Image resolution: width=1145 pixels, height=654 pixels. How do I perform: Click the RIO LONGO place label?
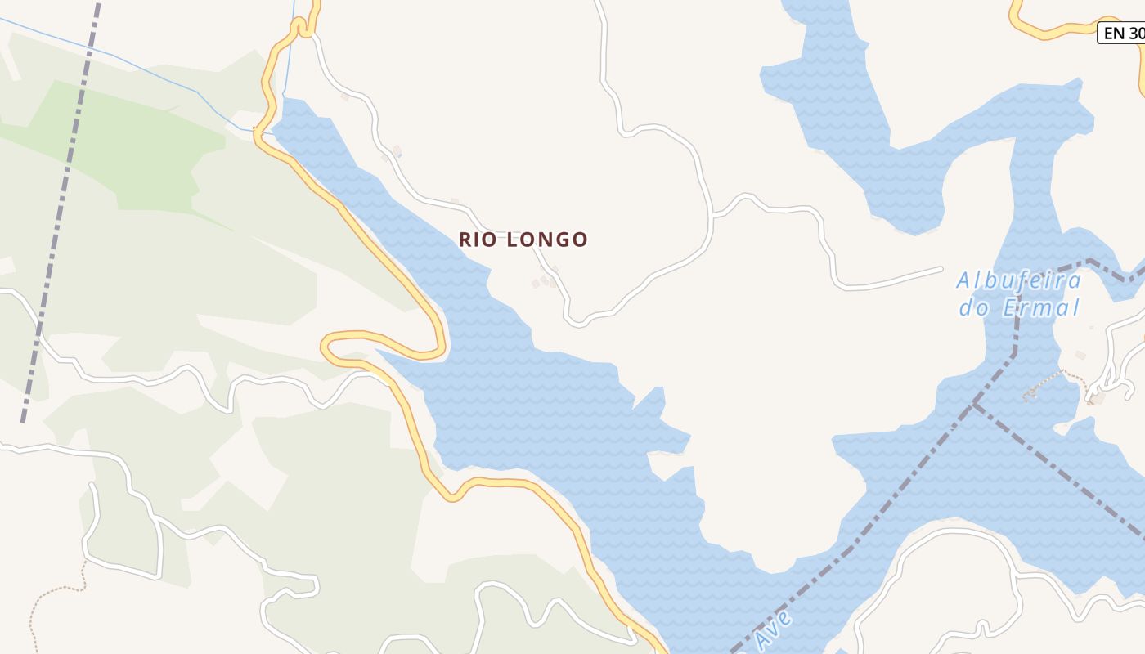click(x=523, y=240)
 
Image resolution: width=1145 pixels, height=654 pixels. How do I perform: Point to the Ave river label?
click(x=773, y=629)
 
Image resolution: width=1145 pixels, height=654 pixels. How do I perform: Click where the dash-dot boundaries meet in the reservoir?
click(x=974, y=404)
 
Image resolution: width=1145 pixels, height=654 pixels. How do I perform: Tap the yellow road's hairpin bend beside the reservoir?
click(x=326, y=347)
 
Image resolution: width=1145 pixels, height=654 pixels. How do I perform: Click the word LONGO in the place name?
click(x=547, y=240)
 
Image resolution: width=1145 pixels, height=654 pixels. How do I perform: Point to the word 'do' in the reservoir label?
click(x=974, y=308)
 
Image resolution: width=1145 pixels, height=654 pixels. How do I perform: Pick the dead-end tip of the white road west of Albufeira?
click(x=942, y=268)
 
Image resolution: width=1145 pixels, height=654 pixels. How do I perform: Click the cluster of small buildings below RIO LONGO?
click(x=545, y=279)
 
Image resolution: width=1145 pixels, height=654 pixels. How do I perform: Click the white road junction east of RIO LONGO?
click(x=713, y=216)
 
